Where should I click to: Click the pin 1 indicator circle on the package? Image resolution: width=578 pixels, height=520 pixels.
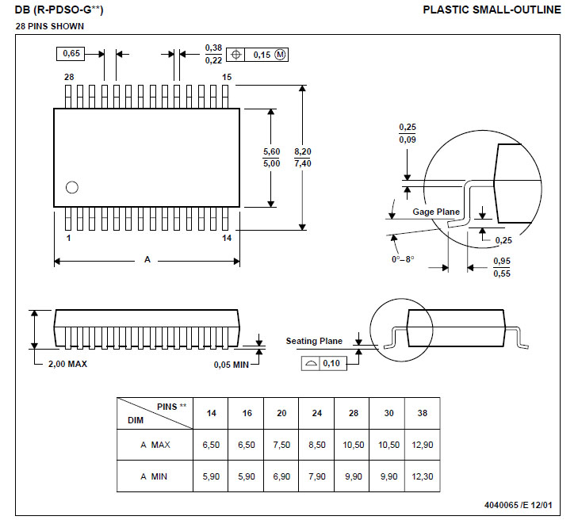(72, 187)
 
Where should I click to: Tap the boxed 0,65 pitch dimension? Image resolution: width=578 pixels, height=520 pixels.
(71, 54)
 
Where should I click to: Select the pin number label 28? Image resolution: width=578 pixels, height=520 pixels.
(69, 77)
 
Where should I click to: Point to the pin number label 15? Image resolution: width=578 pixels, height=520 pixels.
(227, 77)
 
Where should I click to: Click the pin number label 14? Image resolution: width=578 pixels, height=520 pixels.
(227, 239)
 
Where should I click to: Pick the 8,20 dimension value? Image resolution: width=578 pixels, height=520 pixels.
(303, 151)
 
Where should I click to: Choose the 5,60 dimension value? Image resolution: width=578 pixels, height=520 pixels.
(271, 151)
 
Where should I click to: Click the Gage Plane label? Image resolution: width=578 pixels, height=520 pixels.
(436, 212)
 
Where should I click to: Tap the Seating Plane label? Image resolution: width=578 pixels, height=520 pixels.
(314, 341)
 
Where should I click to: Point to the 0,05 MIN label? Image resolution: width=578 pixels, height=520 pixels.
(232, 365)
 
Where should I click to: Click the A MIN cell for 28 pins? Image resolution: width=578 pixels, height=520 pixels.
(354, 476)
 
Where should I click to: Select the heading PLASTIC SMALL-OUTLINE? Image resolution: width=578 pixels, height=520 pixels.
(492, 10)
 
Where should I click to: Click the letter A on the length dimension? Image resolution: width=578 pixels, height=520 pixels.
(147, 259)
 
